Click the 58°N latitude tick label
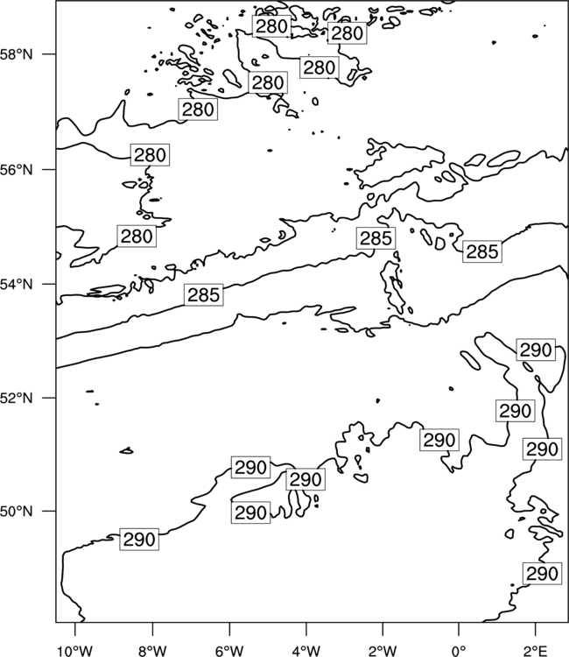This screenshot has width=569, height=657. (x=16, y=54)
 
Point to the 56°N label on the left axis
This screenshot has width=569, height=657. (x=16, y=170)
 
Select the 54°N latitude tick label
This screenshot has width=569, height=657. (x=16, y=285)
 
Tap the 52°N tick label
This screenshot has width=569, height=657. (x=16, y=398)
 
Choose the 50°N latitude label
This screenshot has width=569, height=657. (x=16, y=512)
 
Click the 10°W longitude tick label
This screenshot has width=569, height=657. (x=75, y=651)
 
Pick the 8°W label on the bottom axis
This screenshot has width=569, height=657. (x=152, y=651)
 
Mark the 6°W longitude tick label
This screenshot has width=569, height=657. (x=229, y=651)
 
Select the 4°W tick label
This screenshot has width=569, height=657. (x=306, y=651)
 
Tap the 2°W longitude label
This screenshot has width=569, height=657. (x=383, y=651)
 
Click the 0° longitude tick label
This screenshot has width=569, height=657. (x=459, y=651)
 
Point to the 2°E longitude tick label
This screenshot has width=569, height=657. (x=536, y=651)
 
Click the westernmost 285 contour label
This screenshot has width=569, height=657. (x=203, y=295)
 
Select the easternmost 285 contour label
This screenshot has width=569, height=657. (x=482, y=251)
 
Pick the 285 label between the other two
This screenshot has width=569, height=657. (x=376, y=238)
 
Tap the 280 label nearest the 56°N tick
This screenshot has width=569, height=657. (x=150, y=155)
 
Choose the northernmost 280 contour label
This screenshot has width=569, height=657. (x=271, y=26)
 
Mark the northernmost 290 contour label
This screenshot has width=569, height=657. (x=536, y=350)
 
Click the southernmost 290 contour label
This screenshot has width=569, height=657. (x=542, y=573)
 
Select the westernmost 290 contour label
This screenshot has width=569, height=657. (x=139, y=540)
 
